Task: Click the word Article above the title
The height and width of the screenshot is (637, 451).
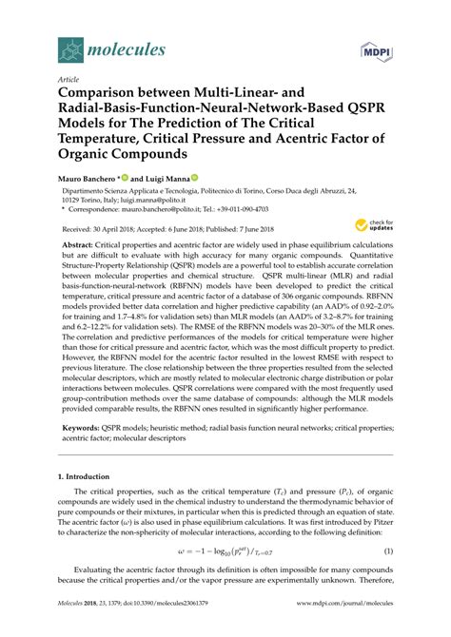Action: (69, 79)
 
